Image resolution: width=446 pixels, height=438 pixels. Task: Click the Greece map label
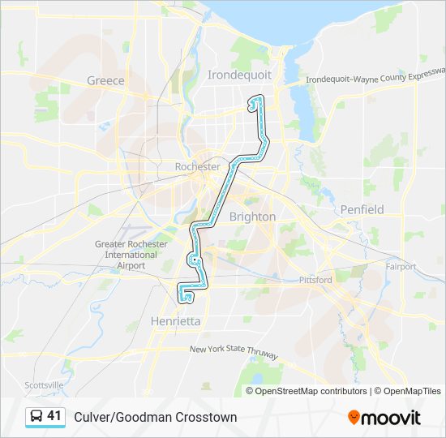coord(105,80)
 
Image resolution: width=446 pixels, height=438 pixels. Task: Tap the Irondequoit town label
coord(239,75)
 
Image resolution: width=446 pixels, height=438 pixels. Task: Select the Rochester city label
coord(197,166)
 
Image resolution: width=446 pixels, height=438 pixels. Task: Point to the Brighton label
coord(252,217)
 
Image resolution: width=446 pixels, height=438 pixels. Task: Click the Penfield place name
coord(362,209)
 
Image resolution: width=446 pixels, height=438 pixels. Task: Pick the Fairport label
coord(401,266)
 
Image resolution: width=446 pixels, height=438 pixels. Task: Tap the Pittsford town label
coord(315,280)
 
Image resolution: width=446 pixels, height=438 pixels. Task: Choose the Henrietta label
coord(174,321)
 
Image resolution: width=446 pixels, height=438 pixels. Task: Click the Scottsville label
coord(44,384)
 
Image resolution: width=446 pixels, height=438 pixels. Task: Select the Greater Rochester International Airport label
coord(131,255)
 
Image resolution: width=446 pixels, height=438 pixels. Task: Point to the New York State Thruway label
coord(234,353)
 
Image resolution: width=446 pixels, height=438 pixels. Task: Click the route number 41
coord(54,416)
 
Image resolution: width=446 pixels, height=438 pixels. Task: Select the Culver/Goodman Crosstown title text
coord(156,417)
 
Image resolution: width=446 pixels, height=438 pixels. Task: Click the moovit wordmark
coord(392,418)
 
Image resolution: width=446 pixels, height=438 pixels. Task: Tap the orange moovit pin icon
coord(354,418)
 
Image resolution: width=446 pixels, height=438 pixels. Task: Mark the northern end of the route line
coord(251,104)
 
